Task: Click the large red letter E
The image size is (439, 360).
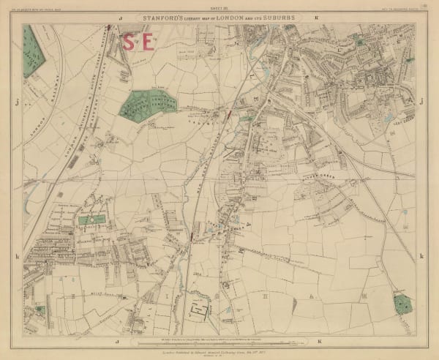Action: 149,41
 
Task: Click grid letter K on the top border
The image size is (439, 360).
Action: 316,15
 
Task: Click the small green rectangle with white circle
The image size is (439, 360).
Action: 91,220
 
